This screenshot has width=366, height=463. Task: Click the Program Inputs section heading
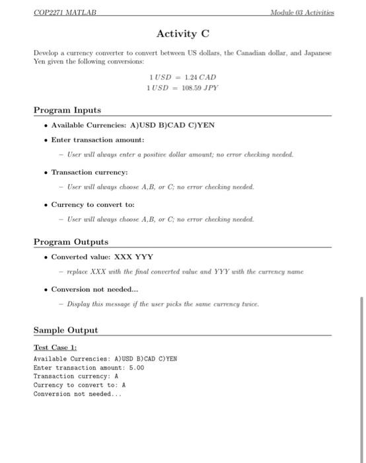[67, 109]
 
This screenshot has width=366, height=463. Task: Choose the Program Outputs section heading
[71, 242]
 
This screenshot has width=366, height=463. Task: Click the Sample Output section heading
[65, 329]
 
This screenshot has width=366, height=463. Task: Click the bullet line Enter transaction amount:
[97, 140]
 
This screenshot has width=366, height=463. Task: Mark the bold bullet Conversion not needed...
[95, 289]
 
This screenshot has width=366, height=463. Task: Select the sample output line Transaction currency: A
[75, 376]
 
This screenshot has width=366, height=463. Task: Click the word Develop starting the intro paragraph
[47, 52]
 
